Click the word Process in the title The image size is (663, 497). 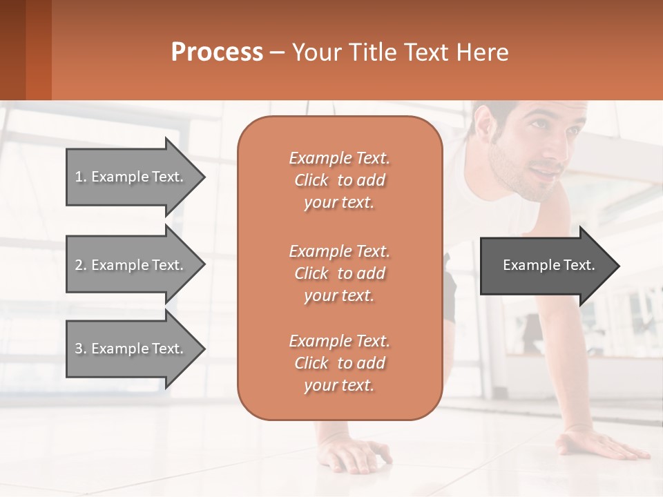pyautogui.click(x=217, y=52)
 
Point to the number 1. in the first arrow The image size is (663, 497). pyautogui.click(x=81, y=177)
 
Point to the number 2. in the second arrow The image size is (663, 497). pyautogui.click(x=81, y=265)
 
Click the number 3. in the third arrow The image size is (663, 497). pyautogui.click(x=81, y=349)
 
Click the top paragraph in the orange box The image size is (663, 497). pyautogui.click(x=339, y=180)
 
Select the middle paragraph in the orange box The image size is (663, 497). pyautogui.click(x=339, y=273)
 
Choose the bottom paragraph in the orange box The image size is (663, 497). pyautogui.click(x=339, y=363)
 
